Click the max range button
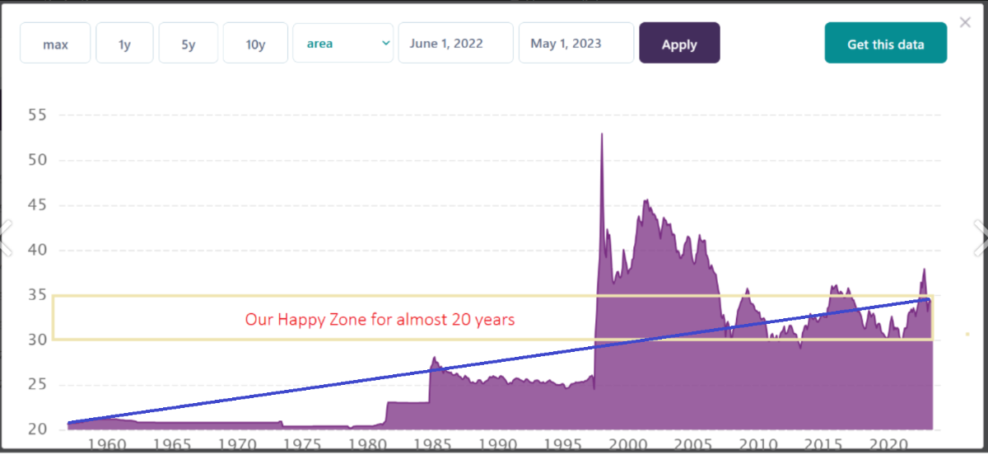pos(55,44)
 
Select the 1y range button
pos(124,44)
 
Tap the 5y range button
pos(189,44)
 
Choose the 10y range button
pos(255,44)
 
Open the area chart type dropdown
pos(343,44)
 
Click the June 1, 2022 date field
pos(455,44)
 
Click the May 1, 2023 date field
pos(576,44)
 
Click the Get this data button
pos(885,44)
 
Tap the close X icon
pos(965,22)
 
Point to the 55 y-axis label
pos(38,115)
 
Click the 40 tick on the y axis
pos(38,250)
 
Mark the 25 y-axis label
pos(38,384)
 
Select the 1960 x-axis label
pos(106,444)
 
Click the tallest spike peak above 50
pos(602,134)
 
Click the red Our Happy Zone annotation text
pos(380,319)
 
